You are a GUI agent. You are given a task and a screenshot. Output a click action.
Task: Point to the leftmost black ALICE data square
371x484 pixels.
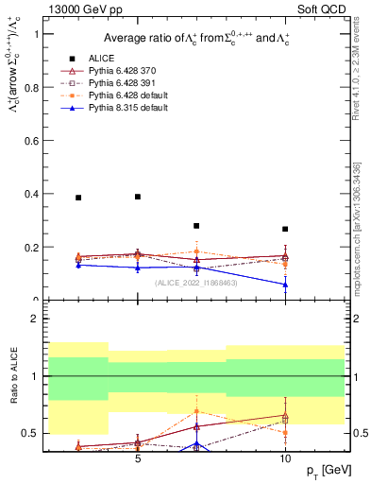tap(78, 198)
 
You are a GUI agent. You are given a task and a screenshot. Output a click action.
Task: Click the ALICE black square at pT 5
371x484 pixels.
tap(138, 197)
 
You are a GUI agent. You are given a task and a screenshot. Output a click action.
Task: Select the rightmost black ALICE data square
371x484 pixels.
tap(285, 229)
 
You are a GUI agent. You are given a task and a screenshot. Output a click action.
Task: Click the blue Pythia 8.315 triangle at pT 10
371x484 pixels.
tap(285, 285)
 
